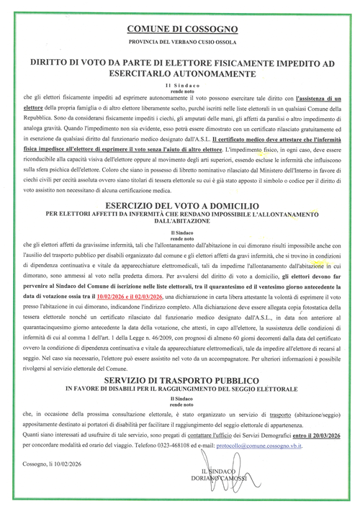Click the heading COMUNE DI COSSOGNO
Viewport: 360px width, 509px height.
pos(180,29)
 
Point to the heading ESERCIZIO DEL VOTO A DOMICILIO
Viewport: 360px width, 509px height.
pos(180,205)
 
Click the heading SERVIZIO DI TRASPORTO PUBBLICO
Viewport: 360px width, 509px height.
pos(180,379)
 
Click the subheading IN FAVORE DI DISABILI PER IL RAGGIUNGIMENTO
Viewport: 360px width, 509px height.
pos(180,389)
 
